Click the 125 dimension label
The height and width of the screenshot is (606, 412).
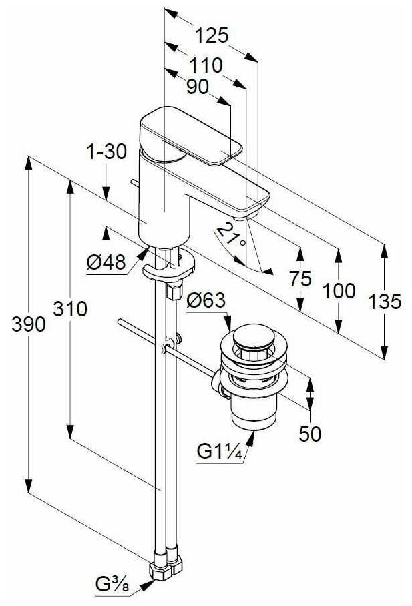[x=213, y=35]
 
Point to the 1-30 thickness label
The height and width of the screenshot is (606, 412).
[x=106, y=152]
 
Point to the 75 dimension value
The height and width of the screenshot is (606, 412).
[x=300, y=278]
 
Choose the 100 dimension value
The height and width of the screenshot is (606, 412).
[x=337, y=290]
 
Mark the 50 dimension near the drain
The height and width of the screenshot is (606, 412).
[x=309, y=434]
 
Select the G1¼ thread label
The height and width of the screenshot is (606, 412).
[x=218, y=451]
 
